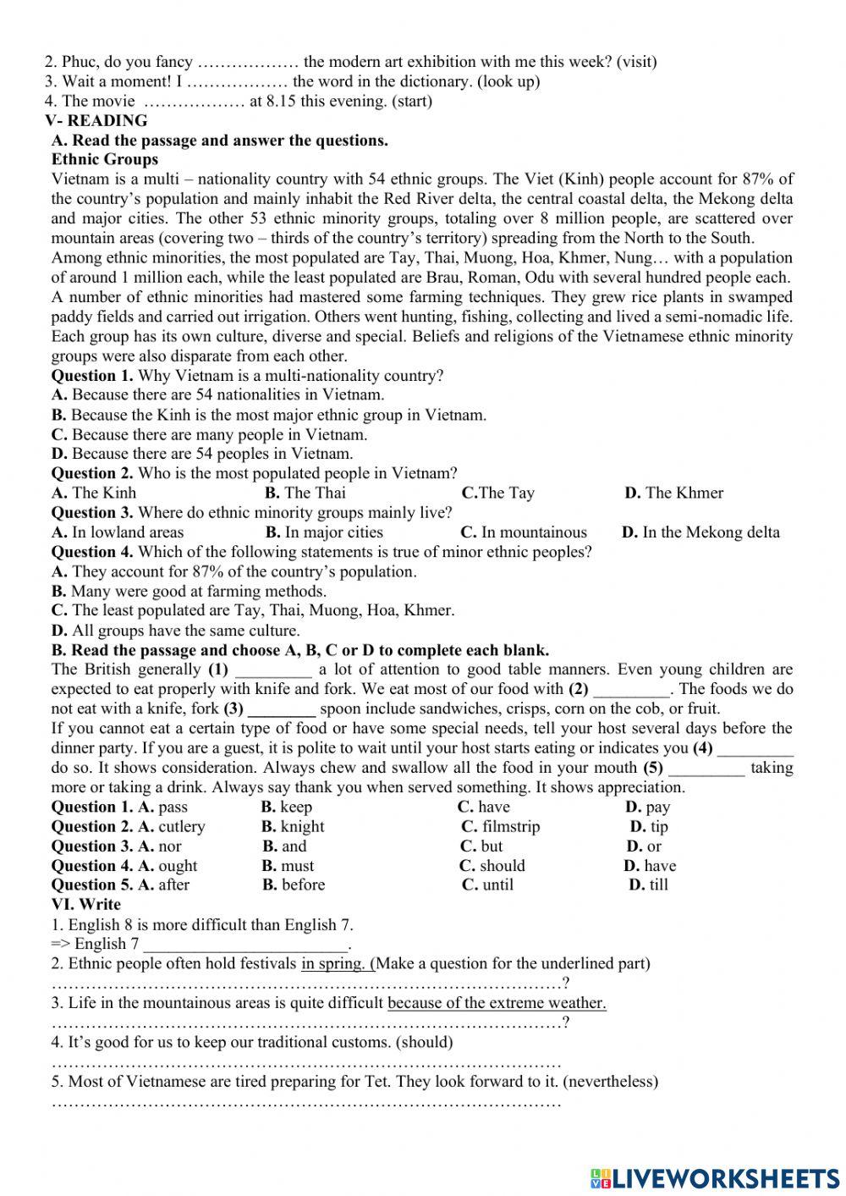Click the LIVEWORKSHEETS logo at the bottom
(715, 1177)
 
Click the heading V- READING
(96, 120)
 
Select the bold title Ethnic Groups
(105, 159)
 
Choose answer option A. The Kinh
(94, 493)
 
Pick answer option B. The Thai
(305, 493)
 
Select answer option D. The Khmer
(674, 493)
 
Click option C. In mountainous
(524, 532)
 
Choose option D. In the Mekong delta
(700, 532)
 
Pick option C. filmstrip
(501, 826)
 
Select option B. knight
(293, 826)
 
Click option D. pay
(648, 807)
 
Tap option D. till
(649, 885)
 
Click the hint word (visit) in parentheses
(636, 62)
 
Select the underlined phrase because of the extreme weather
(497, 1003)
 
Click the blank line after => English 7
(246, 944)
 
